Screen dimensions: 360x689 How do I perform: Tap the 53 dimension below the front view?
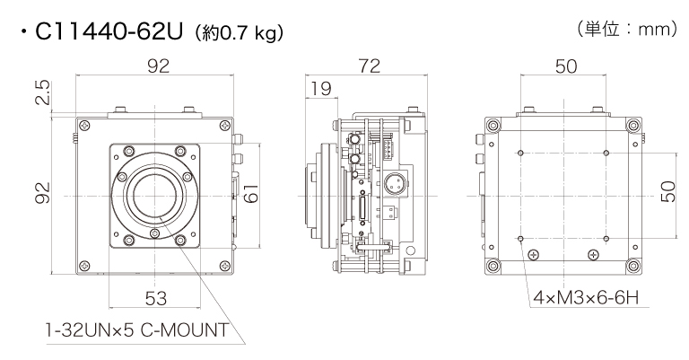(x=154, y=297)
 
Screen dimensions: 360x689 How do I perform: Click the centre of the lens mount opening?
(x=155, y=192)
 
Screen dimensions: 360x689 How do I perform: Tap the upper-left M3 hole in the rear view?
(x=520, y=154)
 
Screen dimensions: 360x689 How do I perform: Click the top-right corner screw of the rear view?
(x=634, y=124)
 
